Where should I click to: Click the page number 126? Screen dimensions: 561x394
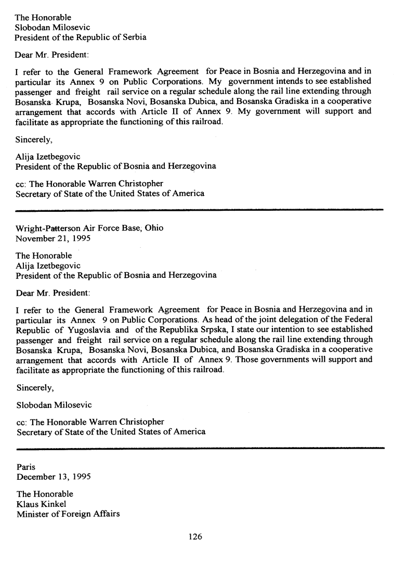click(195, 537)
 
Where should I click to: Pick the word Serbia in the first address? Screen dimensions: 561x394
click(134, 37)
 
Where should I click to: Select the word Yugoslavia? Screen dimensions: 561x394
click(87, 329)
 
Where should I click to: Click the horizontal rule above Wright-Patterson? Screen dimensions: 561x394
click(200, 210)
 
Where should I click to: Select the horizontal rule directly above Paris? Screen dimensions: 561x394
click(200, 448)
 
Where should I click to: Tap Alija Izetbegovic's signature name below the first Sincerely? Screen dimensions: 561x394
click(48, 156)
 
